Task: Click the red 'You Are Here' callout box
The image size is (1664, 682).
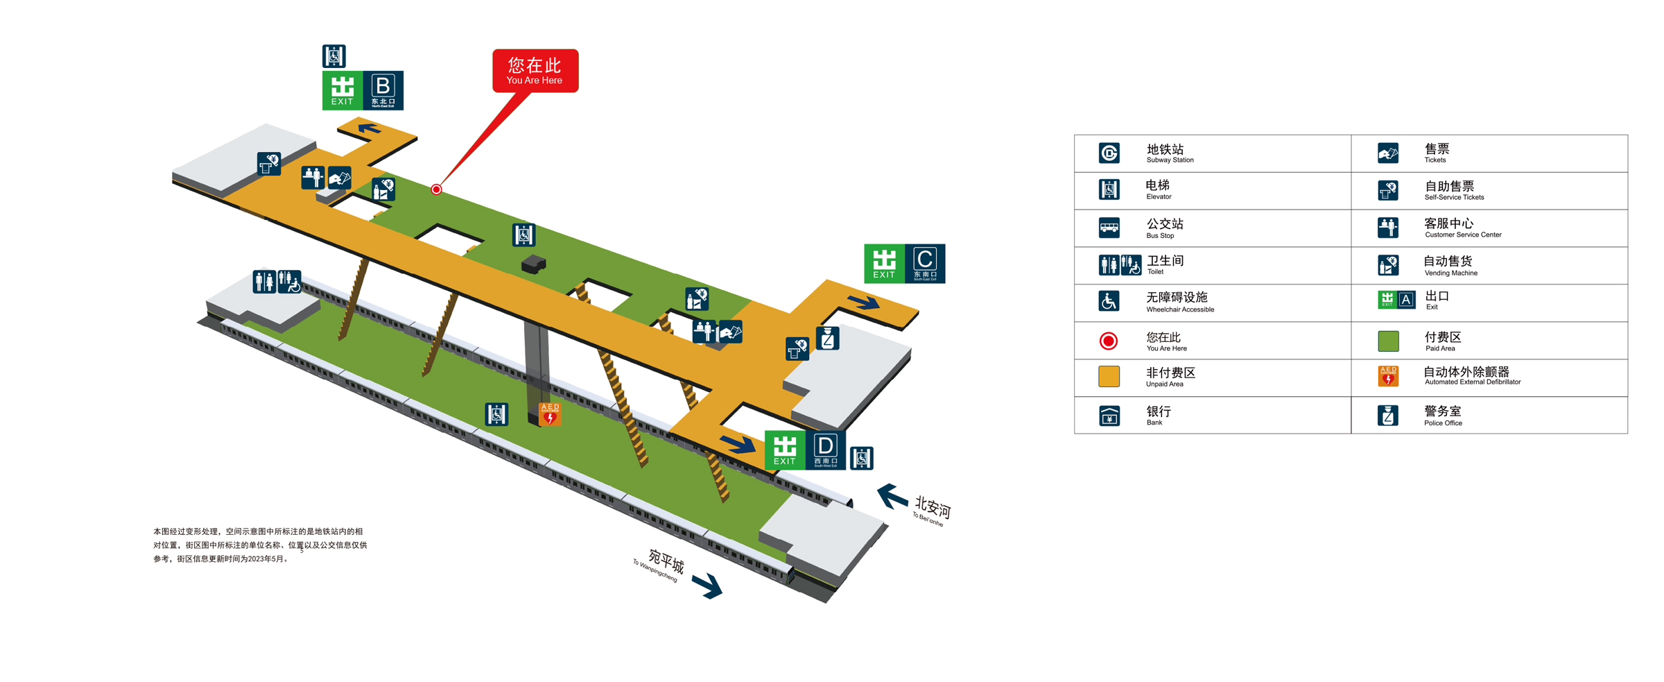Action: pos(535,70)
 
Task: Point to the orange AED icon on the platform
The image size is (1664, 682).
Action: pos(550,414)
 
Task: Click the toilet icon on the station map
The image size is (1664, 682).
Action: pos(277,281)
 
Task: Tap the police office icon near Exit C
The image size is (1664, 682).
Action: pos(827,339)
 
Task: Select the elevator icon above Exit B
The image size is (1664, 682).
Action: pos(333,56)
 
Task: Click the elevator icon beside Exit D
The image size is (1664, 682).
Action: pos(861,458)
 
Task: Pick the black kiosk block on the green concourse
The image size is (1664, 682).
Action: pos(533,264)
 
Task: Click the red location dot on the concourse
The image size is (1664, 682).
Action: pos(436,189)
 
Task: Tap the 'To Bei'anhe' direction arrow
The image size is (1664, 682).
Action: pos(892,497)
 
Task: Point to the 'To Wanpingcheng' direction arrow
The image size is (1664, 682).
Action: pos(708,586)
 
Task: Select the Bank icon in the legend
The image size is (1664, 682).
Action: pos(1109,416)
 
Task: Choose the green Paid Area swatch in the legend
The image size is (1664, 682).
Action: pos(1388,341)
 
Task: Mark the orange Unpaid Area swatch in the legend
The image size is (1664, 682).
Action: pos(1109,377)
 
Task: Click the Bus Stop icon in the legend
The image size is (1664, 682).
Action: pos(1109,228)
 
